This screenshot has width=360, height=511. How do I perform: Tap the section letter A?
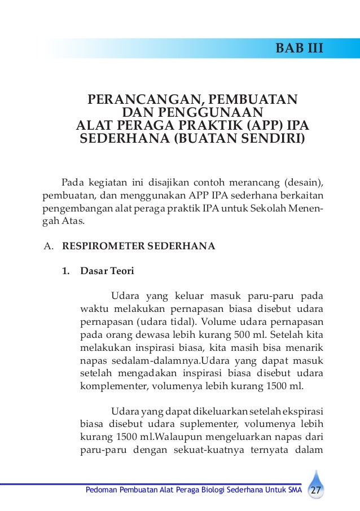[48, 246]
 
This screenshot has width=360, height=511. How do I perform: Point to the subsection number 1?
[66, 270]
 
